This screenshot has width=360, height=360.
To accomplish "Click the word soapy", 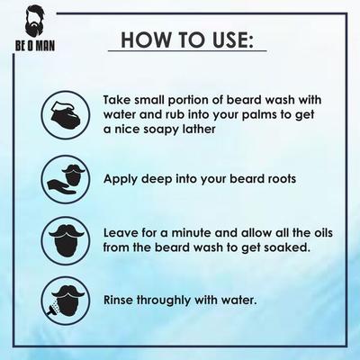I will click(159, 130).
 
